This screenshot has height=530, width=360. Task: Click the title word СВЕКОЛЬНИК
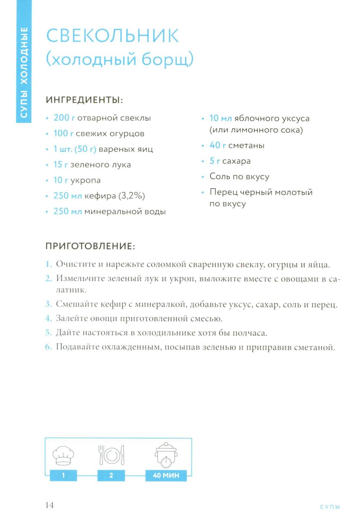[112, 36]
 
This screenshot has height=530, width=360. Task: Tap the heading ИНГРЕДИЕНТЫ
[84, 100]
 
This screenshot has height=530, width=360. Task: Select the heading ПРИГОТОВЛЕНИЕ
[90, 246]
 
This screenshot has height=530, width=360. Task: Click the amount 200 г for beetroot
[64, 118]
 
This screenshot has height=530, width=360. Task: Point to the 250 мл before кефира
[68, 196]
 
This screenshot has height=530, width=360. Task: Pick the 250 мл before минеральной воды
[68, 211]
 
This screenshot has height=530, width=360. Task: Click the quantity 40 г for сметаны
[218, 145]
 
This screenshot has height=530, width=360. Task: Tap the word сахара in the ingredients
[236, 161]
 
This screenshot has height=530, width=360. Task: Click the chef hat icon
[63, 455]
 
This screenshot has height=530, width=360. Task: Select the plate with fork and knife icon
[111, 455]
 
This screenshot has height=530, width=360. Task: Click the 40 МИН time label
[166, 475]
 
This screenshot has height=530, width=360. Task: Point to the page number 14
[49, 505]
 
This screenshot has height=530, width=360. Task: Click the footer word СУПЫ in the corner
[330, 507]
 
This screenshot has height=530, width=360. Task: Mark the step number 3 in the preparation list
[49, 304]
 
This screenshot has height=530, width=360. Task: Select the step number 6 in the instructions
[49, 347]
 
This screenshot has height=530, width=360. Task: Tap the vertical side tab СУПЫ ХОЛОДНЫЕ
[24, 72]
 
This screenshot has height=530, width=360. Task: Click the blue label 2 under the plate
[111, 475]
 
